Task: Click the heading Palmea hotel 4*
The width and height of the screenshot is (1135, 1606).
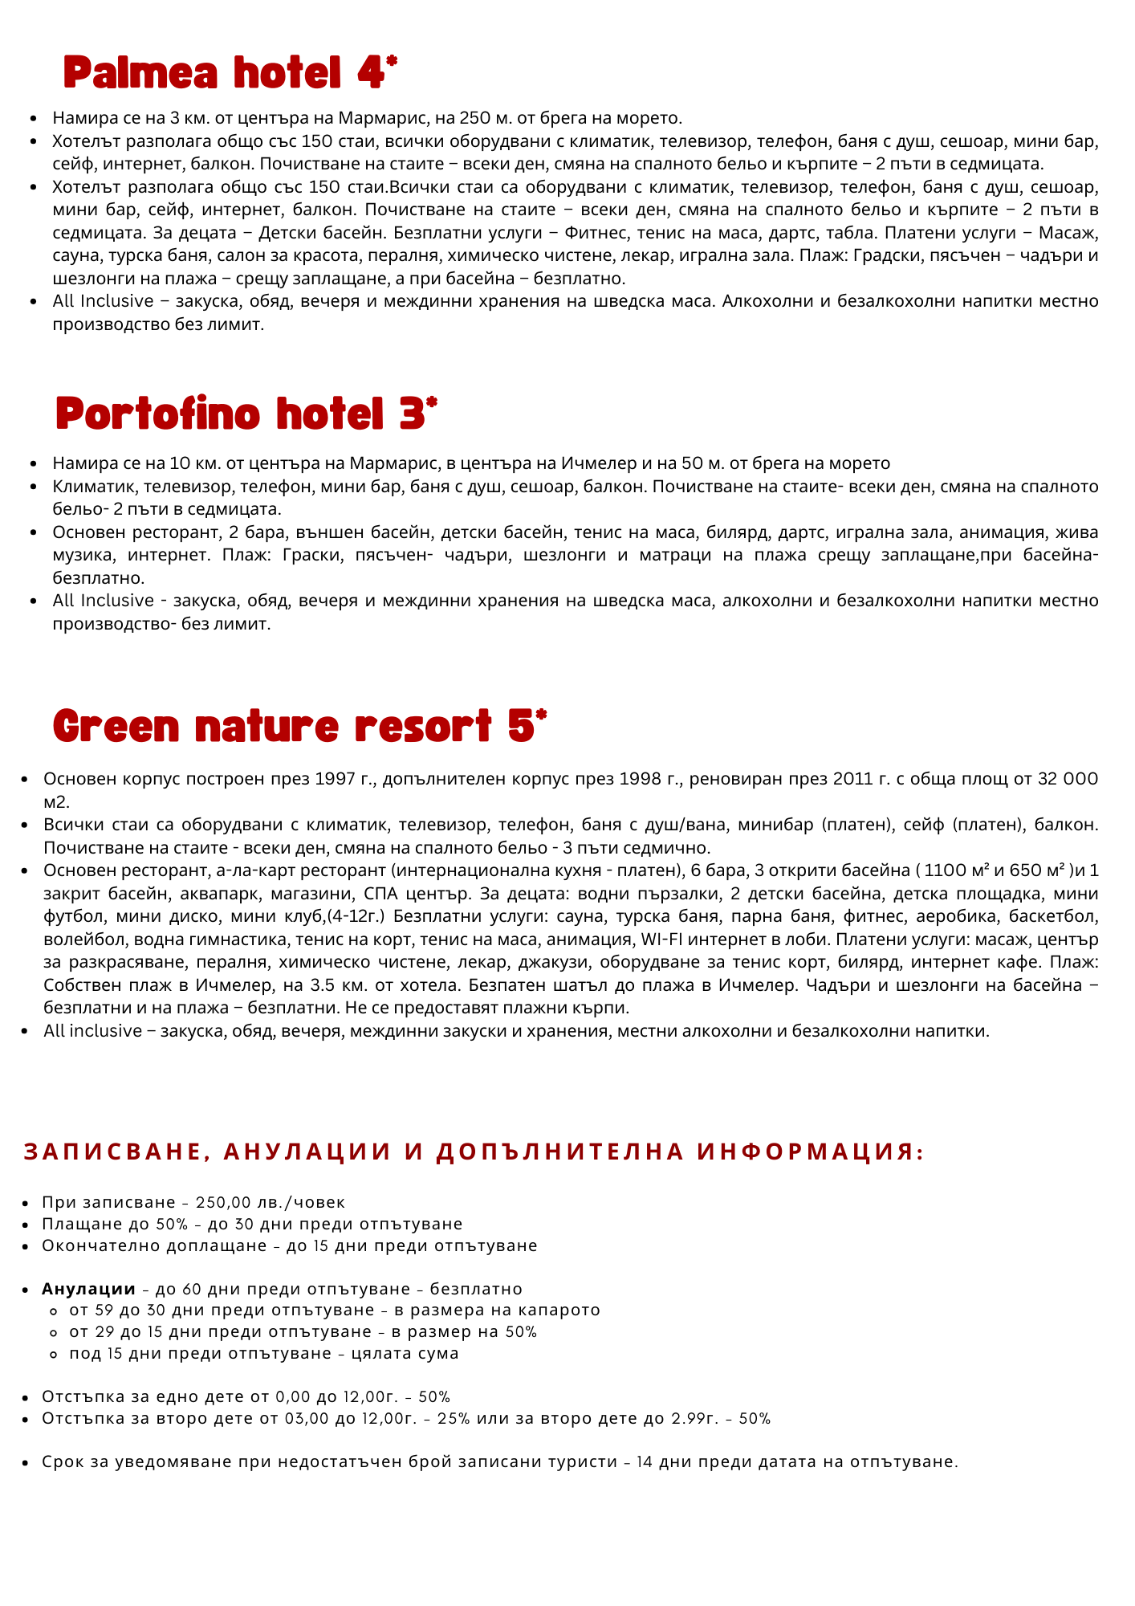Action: click(230, 75)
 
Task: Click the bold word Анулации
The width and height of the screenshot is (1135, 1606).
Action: click(88, 1289)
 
